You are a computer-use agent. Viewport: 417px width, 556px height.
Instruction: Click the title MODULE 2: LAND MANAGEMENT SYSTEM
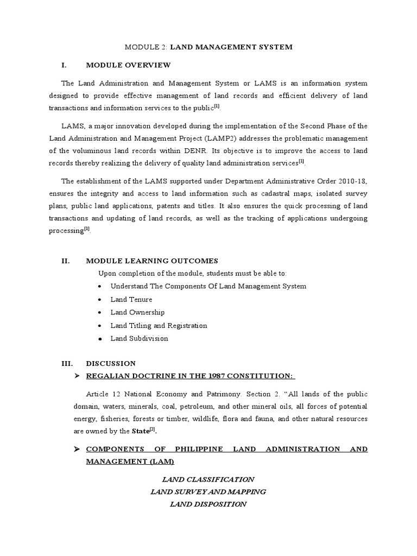208,47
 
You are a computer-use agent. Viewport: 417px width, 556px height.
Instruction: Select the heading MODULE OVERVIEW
128,65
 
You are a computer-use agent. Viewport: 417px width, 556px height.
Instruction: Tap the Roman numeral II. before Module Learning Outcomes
66,261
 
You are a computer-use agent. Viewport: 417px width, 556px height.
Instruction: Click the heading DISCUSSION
111,363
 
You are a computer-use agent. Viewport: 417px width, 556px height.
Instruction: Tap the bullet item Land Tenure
131,299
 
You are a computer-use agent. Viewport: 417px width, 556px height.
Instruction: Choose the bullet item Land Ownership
137,312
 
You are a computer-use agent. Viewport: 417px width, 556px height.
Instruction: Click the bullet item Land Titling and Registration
159,325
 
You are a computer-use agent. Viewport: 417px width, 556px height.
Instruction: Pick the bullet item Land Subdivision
139,338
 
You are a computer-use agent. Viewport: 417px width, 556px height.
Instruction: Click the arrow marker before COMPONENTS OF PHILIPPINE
77,449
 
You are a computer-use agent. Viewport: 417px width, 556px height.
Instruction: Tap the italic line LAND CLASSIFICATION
208,479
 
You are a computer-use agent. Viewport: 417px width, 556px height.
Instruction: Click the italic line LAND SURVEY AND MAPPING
208,491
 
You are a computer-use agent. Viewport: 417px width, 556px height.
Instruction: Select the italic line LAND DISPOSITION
208,504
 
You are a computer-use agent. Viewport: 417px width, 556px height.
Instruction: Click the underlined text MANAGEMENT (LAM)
130,462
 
